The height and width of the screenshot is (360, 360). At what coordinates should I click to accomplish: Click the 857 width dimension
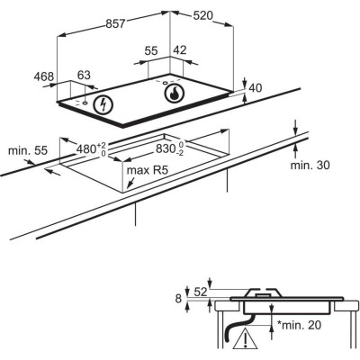[115, 23]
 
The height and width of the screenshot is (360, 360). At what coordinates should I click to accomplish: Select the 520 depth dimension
[202, 15]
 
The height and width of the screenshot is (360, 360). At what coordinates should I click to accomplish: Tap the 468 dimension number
[44, 76]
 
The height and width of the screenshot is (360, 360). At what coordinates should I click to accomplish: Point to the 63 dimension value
[84, 75]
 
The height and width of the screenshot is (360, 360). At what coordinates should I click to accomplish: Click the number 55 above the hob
[151, 50]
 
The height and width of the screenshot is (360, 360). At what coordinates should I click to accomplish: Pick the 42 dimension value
[180, 49]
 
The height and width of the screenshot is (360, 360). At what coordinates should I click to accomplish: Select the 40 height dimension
[256, 88]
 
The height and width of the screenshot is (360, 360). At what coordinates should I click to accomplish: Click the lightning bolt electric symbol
[103, 104]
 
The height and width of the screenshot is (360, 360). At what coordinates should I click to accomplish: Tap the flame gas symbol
[175, 93]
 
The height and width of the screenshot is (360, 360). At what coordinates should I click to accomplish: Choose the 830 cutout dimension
[170, 148]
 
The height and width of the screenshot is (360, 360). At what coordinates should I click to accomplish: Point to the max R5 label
[148, 170]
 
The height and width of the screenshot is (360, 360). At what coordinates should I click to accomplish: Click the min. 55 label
[28, 150]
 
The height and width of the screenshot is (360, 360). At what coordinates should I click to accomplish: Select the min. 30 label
[310, 165]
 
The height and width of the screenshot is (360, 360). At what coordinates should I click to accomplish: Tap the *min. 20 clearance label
[299, 325]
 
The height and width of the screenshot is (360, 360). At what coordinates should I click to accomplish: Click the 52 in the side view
[201, 292]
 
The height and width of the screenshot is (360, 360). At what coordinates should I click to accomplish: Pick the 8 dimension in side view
[179, 299]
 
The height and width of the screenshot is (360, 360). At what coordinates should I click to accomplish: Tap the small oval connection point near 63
[85, 103]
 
